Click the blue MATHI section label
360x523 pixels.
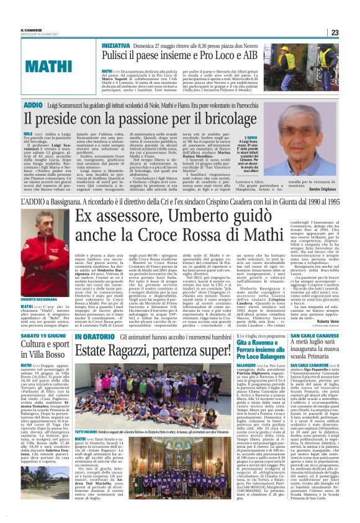tap(44, 65)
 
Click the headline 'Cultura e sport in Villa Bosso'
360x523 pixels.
tap(43, 352)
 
